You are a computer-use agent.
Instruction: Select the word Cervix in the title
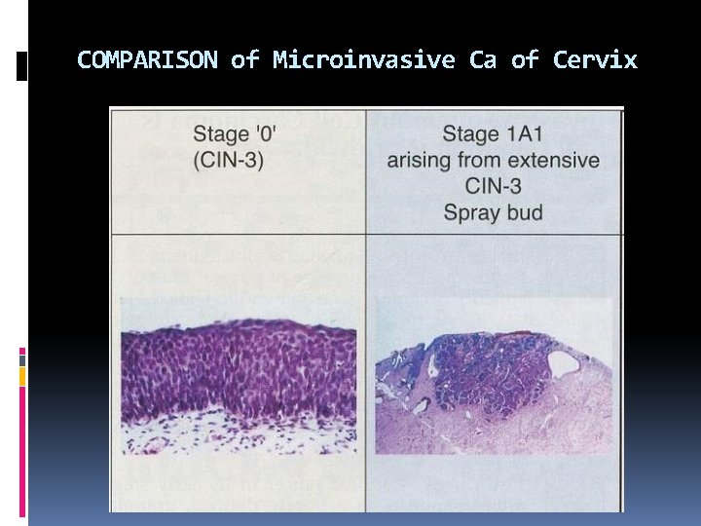(595, 60)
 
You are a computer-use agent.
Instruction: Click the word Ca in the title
(482, 60)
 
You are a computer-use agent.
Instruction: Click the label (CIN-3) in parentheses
(229, 160)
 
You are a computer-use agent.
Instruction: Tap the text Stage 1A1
(493, 133)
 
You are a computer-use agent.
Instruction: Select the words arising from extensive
(493, 160)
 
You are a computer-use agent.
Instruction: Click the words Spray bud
(493, 211)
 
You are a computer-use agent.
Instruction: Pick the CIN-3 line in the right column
(493, 186)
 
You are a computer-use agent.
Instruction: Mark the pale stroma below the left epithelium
(238, 438)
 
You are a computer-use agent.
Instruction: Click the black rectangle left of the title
(22, 67)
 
